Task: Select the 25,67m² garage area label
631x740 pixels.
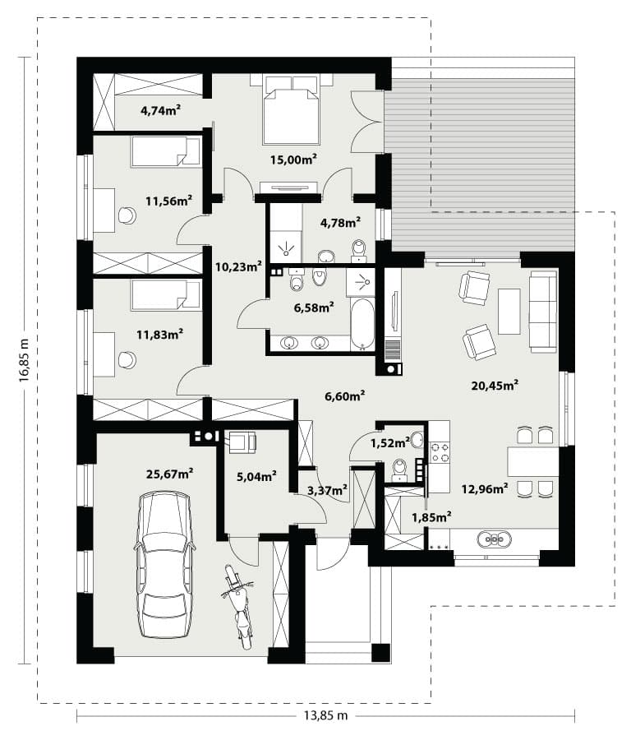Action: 170,474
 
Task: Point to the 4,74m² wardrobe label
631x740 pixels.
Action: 161,110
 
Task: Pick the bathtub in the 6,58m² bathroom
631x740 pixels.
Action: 362,324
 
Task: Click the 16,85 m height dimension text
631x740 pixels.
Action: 25,359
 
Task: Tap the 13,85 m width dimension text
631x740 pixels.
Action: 325,715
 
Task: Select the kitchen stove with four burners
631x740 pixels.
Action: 440,451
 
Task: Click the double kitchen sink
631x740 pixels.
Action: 494,539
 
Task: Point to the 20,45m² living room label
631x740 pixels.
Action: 495,386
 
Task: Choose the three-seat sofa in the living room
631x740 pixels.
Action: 543,312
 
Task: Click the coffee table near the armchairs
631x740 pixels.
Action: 509,311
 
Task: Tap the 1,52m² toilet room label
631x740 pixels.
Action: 390,442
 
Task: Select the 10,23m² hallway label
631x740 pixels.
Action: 238,266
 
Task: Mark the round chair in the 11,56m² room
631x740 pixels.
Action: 127,215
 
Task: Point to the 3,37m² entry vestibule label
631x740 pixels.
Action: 328,490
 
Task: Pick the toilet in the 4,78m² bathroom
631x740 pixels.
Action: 359,251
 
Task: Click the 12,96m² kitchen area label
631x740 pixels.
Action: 485,488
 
